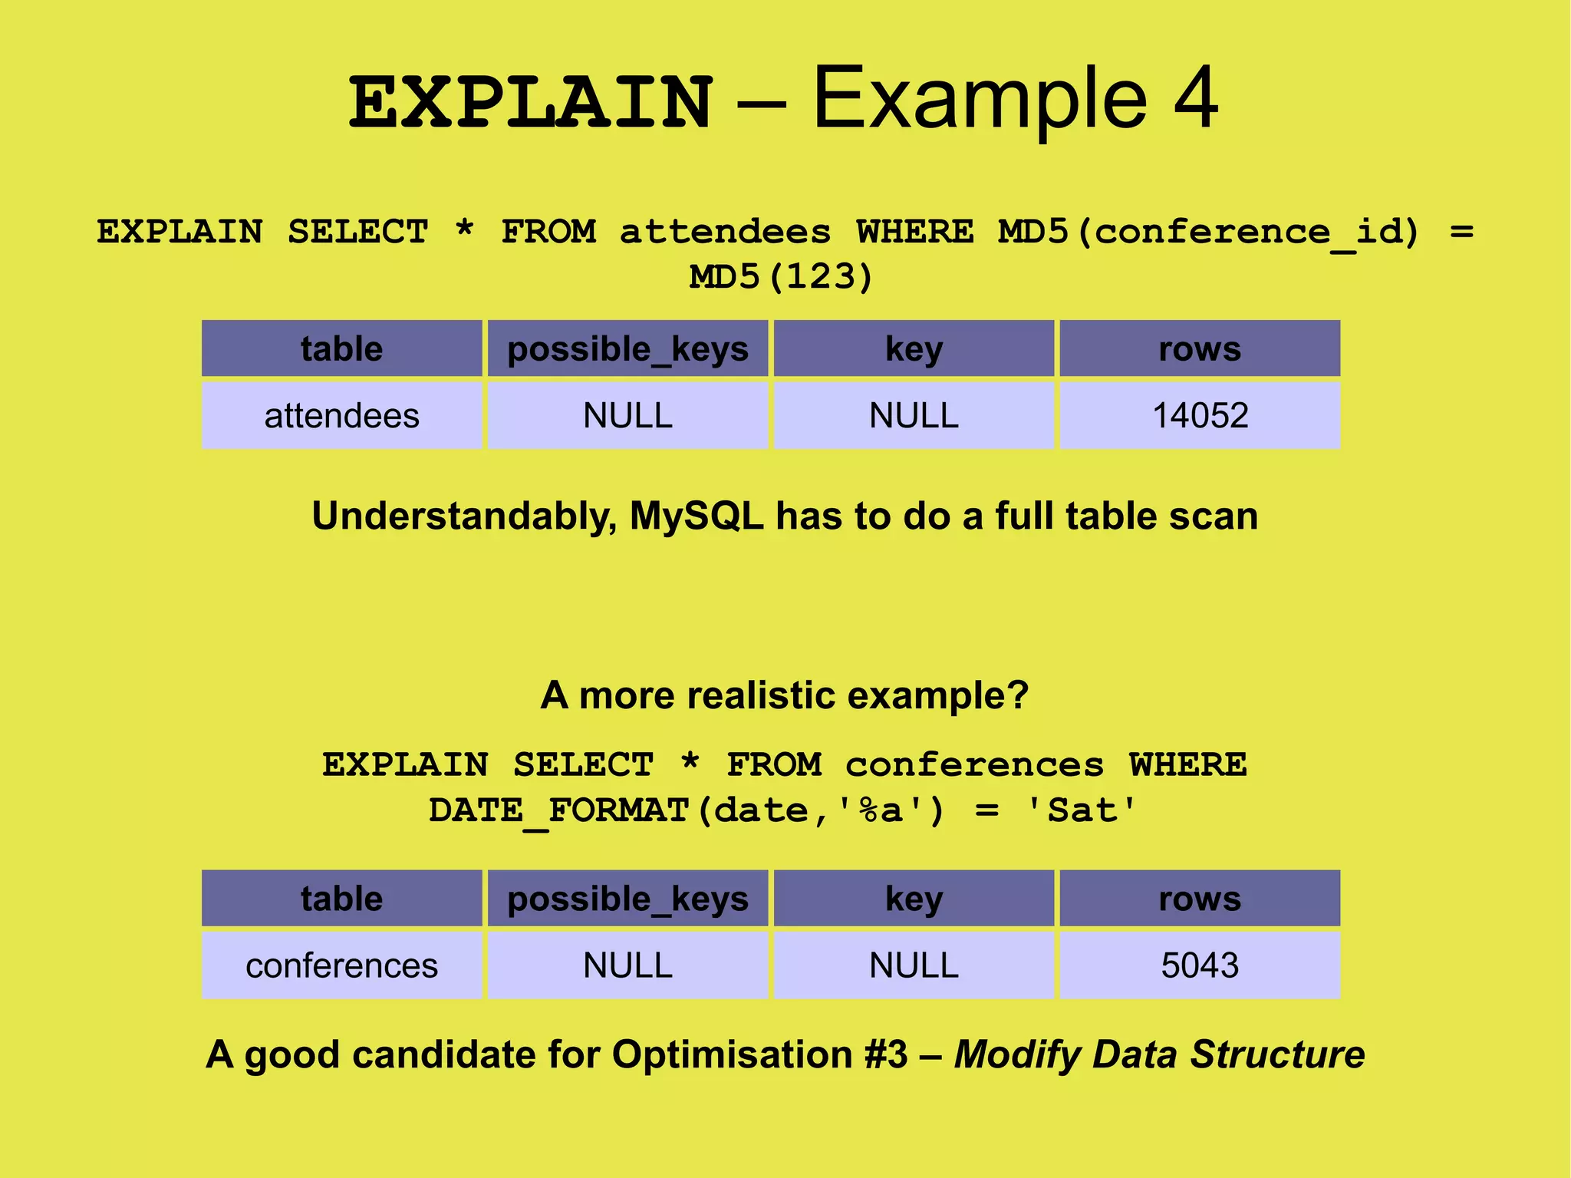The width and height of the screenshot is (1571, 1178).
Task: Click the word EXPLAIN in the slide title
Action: point(531,103)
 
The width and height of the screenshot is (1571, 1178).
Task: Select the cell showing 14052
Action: point(1200,416)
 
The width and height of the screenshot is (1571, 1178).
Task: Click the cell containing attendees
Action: point(342,416)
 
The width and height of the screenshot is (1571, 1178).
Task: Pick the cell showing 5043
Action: point(1200,965)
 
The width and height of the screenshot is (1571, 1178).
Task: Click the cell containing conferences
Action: point(342,965)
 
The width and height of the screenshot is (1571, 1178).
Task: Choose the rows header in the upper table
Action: point(1200,349)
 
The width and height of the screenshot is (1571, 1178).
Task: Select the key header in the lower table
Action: point(914,899)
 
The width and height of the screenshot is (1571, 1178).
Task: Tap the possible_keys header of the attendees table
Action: point(627,349)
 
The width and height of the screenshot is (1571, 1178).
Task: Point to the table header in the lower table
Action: point(342,899)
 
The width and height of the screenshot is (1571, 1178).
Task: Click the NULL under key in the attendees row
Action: point(914,416)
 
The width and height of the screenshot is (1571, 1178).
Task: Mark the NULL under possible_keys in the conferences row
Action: point(627,965)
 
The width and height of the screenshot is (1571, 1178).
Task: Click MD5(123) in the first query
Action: point(781,277)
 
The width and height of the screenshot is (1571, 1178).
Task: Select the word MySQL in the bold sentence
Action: point(697,516)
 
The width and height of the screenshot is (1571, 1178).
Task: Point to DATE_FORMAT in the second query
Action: point(558,811)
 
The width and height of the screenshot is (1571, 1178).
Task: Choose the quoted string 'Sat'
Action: point(1082,811)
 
